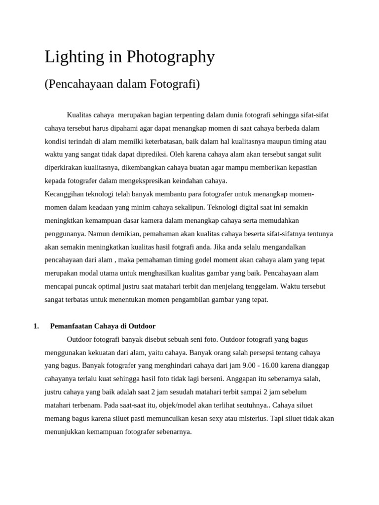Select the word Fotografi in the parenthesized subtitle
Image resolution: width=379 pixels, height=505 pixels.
click(176, 84)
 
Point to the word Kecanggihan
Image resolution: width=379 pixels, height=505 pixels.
click(64, 194)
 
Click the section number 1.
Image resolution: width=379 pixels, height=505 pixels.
click(36, 326)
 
